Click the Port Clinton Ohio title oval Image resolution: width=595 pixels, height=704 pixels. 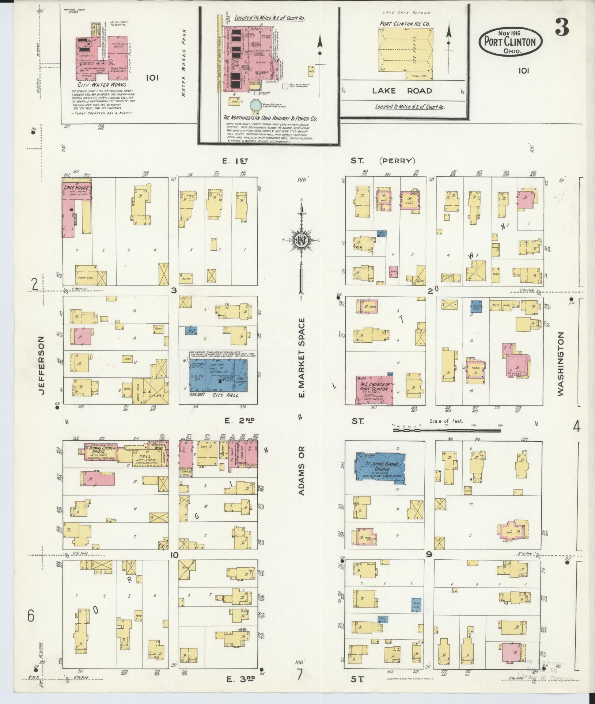tap(510, 41)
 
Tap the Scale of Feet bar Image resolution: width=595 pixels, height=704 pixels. tap(447, 430)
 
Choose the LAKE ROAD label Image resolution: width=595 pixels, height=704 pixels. tap(402, 91)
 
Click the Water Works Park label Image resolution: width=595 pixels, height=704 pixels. tap(184, 63)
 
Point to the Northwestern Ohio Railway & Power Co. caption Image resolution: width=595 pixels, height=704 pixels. tap(270, 119)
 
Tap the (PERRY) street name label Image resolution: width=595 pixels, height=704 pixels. tap(397, 160)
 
